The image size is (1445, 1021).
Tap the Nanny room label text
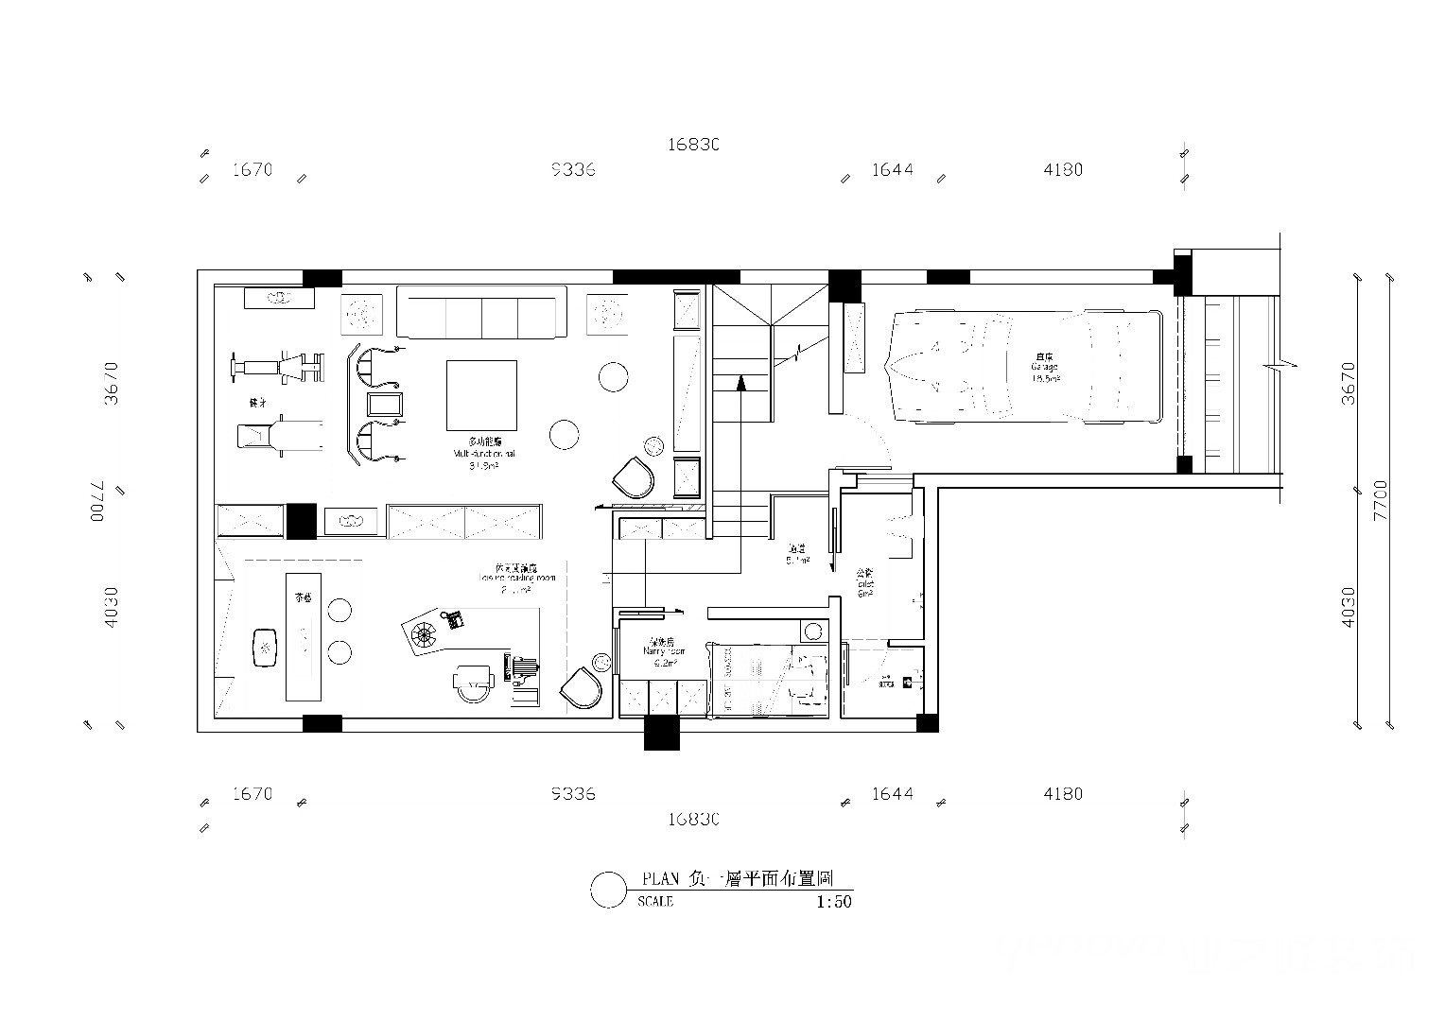point(662,651)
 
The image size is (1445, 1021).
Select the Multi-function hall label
point(483,453)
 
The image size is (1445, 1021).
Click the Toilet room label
point(864,583)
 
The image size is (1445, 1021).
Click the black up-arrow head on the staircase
point(741,383)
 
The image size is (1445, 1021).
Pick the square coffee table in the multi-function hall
point(482,394)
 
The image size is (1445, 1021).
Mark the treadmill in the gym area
point(279,438)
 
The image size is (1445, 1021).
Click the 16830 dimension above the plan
point(694,145)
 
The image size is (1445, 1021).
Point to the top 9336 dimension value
point(573,170)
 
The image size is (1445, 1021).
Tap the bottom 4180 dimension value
point(1063,794)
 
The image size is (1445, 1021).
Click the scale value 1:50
point(833,902)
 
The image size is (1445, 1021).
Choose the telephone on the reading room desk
point(455,620)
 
